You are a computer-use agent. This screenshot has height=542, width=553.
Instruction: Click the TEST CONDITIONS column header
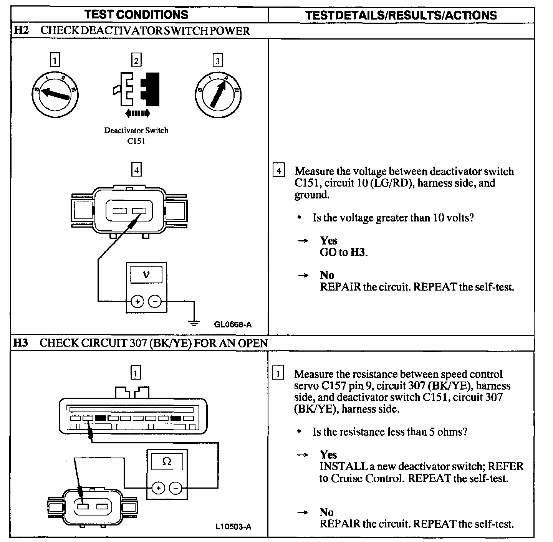[136, 15]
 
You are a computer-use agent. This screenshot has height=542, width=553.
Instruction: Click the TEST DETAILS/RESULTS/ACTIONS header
[401, 15]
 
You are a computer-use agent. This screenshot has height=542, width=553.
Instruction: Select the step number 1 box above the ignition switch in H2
[55, 60]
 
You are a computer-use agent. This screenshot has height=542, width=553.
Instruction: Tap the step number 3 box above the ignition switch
[218, 61]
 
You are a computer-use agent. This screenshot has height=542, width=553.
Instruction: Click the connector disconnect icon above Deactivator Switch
[136, 89]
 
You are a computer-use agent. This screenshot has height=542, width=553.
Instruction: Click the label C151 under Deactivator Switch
[136, 141]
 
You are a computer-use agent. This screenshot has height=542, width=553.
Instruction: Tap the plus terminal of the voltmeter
[137, 301]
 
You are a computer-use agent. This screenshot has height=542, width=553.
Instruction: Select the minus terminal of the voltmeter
[155, 301]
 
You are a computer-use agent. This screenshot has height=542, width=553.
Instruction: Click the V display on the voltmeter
[146, 274]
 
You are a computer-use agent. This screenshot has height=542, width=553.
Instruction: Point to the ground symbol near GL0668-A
[195, 323]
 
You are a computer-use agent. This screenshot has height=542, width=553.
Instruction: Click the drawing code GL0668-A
[233, 325]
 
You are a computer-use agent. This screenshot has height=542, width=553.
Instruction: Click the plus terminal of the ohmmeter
[157, 488]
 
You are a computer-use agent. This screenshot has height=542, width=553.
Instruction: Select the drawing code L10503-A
[233, 527]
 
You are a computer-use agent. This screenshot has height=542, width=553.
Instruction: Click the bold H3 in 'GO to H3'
[358, 252]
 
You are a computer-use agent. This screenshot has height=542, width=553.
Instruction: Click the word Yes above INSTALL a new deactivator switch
[328, 455]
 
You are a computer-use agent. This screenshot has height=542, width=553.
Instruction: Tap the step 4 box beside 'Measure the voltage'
[278, 170]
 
